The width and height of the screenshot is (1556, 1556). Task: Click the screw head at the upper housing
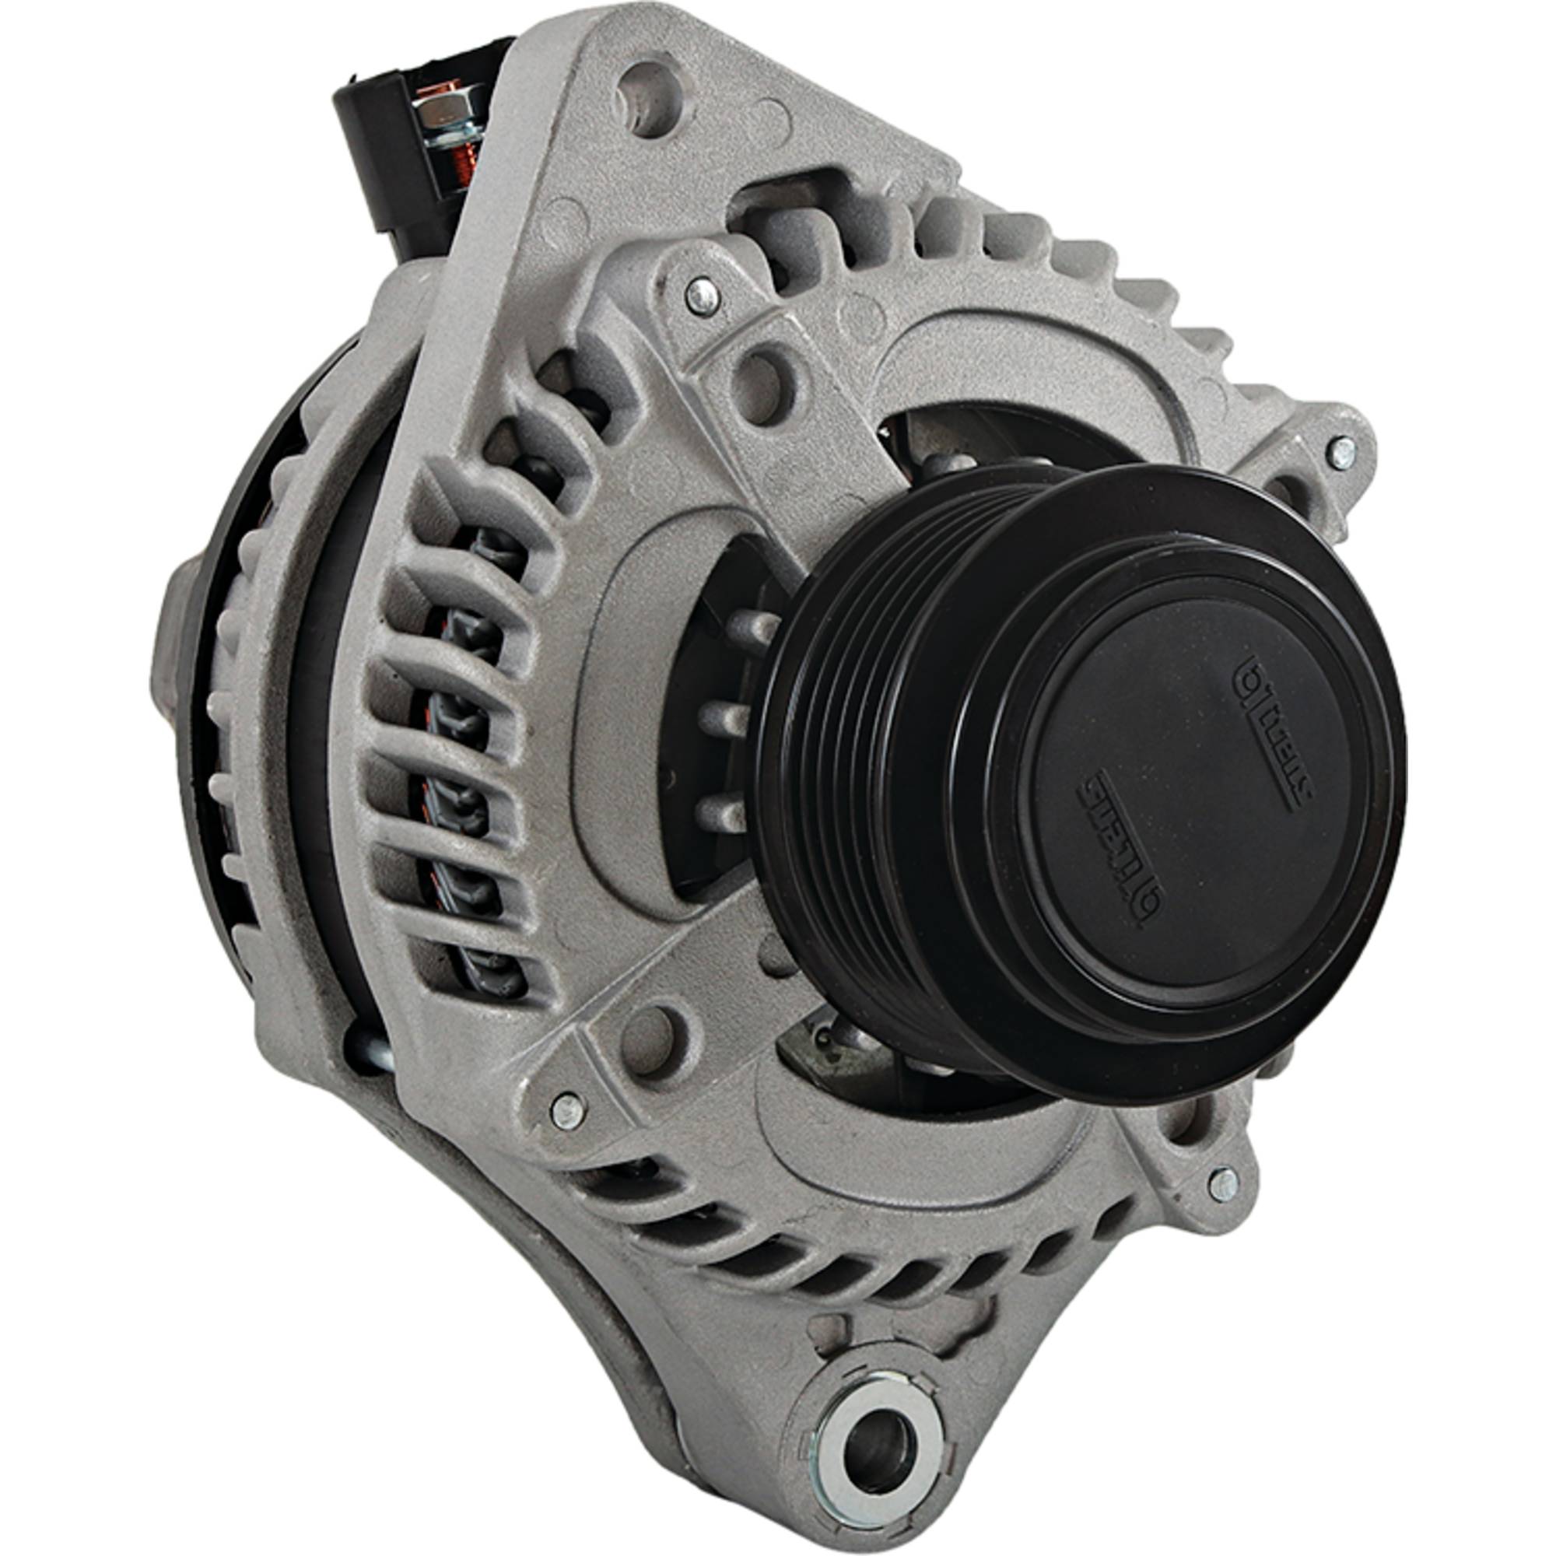(x=703, y=296)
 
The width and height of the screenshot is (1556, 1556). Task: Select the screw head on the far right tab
(x=1341, y=453)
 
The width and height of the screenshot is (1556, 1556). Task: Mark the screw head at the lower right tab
(x=1223, y=1183)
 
